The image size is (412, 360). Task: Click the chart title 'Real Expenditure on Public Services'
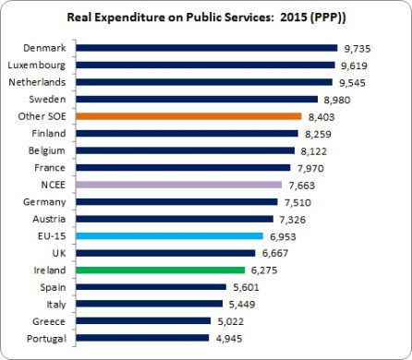[x=205, y=18]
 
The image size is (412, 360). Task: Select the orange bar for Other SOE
[x=189, y=116]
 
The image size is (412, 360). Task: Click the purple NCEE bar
[x=179, y=185]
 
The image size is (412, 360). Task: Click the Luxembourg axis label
[x=36, y=65]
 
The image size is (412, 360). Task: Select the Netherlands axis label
[x=38, y=82]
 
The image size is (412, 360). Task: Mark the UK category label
[x=57, y=252]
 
